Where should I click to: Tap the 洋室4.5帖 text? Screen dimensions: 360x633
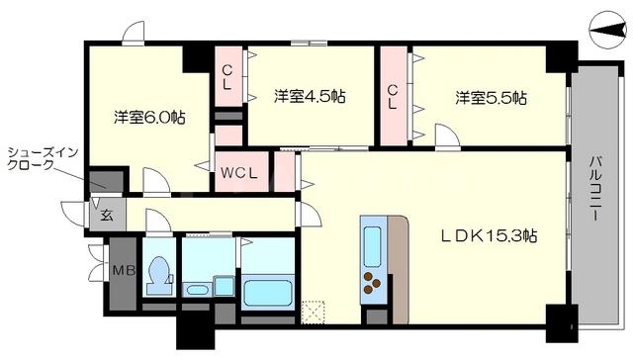pyautogui.click(x=310, y=97)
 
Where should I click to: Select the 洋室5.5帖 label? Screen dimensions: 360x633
pyautogui.click(x=491, y=98)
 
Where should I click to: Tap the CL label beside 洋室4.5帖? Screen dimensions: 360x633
pyautogui.click(x=227, y=78)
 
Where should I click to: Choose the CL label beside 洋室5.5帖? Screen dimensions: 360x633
pyautogui.click(x=393, y=96)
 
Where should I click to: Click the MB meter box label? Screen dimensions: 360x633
pyautogui.click(x=123, y=270)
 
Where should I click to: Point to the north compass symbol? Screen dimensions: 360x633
pyautogui.click(x=605, y=32)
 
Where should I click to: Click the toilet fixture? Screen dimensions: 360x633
pyautogui.click(x=158, y=272)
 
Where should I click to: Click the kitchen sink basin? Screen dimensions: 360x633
pyautogui.click(x=374, y=241)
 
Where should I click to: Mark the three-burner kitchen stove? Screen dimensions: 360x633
pyautogui.click(x=375, y=285)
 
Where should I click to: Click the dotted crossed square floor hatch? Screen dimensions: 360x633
pyautogui.click(x=314, y=311)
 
